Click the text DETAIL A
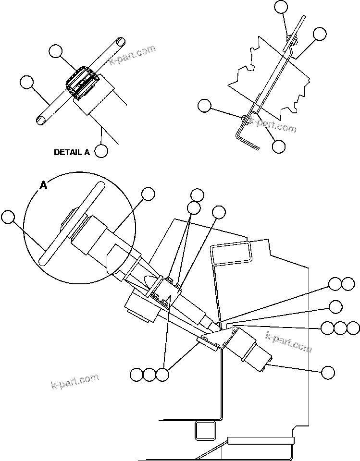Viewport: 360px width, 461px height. (x=72, y=152)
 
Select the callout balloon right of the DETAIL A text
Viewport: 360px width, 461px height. (x=101, y=151)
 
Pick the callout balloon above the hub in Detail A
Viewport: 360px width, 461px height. (x=56, y=51)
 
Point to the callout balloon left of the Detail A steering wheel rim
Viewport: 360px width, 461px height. (x=27, y=83)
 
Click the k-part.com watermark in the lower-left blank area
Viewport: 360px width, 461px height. (x=74, y=381)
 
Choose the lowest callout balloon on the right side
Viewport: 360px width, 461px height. (x=328, y=372)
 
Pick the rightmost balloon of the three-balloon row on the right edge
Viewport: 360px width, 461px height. (x=353, y=328)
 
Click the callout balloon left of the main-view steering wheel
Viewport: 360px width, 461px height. (x=8, y=217)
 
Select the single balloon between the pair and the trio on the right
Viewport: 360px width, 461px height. (x=335, y=306)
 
